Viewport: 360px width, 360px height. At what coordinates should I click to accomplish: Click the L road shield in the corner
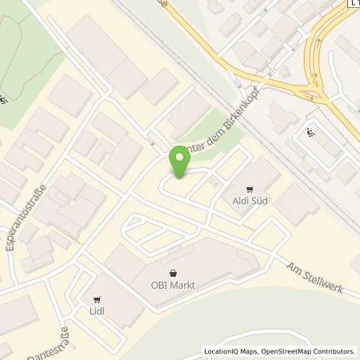click(x=353, y=5)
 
